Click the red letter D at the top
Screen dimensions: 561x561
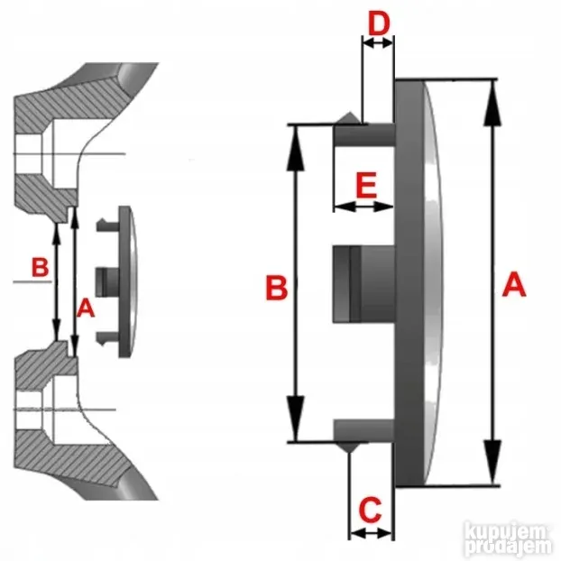(379, 24)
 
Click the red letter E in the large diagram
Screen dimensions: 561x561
(366, 185)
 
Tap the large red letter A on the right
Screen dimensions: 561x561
(514, 284)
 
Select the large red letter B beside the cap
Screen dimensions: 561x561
(277, 288)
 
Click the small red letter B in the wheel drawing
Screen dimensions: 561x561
(40, 267)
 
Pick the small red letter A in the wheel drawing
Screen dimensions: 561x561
(86, 308)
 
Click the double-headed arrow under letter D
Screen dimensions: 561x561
(378, 43)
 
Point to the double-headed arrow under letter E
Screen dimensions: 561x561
(363, 207)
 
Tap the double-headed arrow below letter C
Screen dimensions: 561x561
(371, 533)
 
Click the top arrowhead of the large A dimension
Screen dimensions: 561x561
(492, 103)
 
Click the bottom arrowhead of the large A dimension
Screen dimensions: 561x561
(492, 462)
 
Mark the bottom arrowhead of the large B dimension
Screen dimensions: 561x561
(296, 418)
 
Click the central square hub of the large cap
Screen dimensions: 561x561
(363, 284)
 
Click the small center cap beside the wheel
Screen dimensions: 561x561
(117, 281)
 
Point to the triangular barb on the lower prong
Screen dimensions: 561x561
(348, 447)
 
